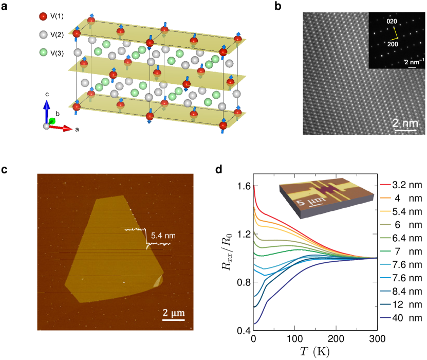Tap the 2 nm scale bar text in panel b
point(402,123)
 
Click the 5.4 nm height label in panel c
point(164,236)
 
